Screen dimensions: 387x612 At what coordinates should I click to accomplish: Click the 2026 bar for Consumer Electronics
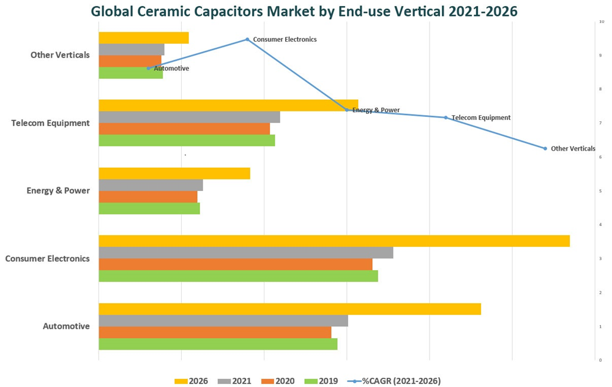coord(334,241)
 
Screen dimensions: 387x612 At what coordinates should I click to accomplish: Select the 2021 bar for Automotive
coord(223,321)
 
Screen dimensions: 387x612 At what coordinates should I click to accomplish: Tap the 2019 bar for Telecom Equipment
coord(187,140)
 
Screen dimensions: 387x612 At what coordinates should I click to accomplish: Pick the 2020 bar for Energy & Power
coord(147,197)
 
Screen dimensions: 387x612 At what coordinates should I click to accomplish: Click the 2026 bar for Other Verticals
coord(143,38)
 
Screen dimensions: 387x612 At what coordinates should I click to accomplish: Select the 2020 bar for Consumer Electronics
coord(235,264)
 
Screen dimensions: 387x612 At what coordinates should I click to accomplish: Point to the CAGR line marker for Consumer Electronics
coord(247,39)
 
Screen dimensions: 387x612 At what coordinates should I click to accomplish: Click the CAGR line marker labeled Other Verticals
coord(545,148)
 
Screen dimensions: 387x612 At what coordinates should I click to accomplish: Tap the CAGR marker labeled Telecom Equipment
coord(446,117)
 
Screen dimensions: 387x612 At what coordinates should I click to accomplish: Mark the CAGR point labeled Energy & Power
coord(347,110)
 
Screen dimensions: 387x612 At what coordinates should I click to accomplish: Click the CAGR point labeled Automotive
coord(148,69)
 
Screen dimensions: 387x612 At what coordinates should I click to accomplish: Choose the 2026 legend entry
coord(192,381)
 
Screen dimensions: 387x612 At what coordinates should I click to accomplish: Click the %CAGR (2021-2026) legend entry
coord(394,381)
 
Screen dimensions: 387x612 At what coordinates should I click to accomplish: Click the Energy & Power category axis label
coord(58,190)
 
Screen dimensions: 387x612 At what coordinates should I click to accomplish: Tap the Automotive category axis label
coord(66,326)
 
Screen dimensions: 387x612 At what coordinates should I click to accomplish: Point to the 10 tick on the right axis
coord(602,21)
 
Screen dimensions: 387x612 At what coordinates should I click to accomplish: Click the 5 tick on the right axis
coord(602,191)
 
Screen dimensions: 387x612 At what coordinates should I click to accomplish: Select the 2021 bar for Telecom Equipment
coord(189,117)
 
